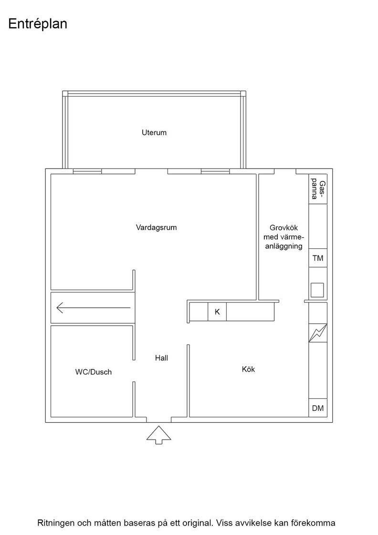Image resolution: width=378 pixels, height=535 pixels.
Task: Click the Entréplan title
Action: (38, 24)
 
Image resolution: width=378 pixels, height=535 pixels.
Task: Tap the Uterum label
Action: (154, 132)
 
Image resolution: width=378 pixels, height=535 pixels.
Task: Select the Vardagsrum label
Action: (156, 227)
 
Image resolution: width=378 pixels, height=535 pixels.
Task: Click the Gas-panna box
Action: (318, 189)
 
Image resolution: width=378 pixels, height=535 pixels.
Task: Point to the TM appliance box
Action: (318, 258)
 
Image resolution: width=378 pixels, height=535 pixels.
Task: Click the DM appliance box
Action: (318, 408)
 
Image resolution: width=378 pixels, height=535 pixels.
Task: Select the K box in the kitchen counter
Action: (217, 312)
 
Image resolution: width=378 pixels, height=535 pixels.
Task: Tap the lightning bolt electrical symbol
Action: (318, 333)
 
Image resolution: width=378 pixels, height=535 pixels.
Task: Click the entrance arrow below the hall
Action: (159, 435)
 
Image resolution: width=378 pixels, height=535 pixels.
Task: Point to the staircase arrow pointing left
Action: (94, 308)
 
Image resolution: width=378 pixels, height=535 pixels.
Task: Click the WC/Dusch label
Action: (94, 372)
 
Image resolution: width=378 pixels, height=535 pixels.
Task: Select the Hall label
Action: (162, 358)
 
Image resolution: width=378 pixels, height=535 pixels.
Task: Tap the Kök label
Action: (248, 369)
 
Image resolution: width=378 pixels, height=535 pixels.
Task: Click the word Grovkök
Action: (283, 227)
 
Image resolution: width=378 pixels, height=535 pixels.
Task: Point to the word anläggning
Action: (284, 246)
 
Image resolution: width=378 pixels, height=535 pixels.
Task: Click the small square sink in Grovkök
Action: (317, 290)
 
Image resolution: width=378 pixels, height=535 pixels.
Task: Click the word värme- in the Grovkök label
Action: (293, 237)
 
